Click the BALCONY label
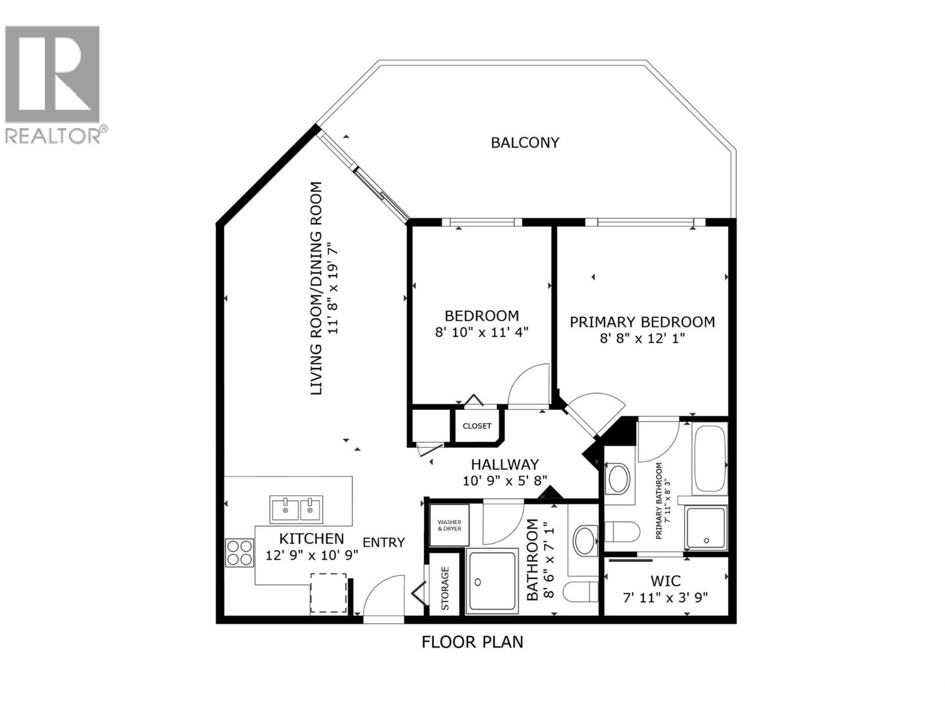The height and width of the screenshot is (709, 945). click(x=524, y=142)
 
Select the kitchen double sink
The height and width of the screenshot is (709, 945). click(x=296, y=509)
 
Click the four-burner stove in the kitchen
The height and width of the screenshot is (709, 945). click(x=239, y=552)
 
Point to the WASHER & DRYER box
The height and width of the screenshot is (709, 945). click(x=449, y=525)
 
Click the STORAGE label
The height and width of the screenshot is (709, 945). click(x=445, y=588)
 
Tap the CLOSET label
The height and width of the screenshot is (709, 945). click(x=477, y=426)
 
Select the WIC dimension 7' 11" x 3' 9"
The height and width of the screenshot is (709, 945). click(x=666, y=597)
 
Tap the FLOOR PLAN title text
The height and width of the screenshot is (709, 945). click(x=472, y=642)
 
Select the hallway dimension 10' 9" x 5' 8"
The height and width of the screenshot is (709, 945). click(x=505, y=480)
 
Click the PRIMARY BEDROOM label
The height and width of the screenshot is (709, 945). click(x=641, y=322)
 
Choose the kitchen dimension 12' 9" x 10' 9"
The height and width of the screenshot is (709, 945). click(x=311, y=555)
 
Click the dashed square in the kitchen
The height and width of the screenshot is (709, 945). click(x=328, y=592)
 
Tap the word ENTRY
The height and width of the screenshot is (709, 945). click(x=383, y=542)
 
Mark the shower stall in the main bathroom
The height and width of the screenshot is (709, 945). click(x=491, y=580)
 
